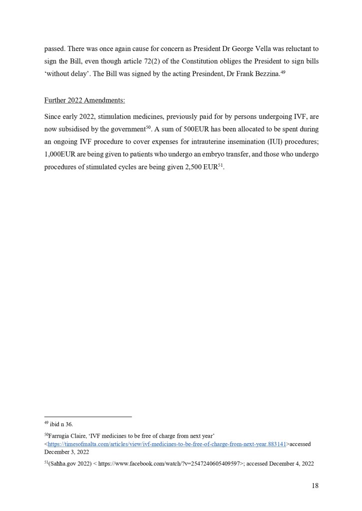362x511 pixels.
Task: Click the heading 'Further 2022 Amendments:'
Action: [84, 100]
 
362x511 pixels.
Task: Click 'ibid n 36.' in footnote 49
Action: [61, 425]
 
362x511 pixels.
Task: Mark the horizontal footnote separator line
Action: [88, 416]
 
